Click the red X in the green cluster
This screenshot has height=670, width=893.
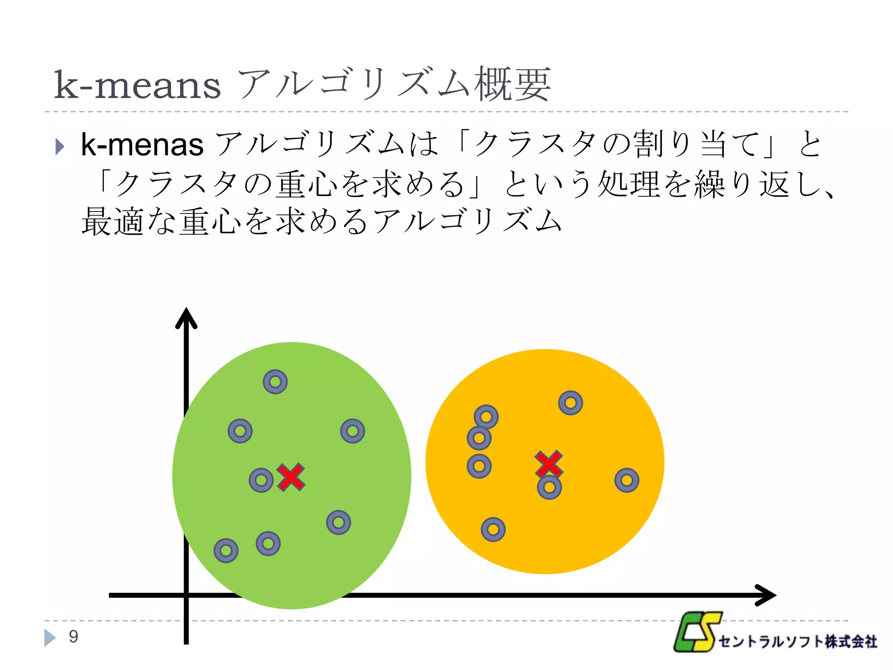pyautogui.click(x=291, y=477)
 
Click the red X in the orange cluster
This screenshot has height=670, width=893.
pyautogui.click(x=549, y=464)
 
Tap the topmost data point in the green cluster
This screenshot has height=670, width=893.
pyautogui.click(x=275, y=382)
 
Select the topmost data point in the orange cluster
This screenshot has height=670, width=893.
pyautogui.click(x=570, y=403)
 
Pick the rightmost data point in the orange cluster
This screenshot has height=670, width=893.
pyautogui.click(x=627, y=480)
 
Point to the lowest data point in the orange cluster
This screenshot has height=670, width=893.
pyautogui.click(x=493, y=530)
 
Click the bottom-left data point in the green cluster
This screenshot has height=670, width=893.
pyautogui.click(x=226, y=550)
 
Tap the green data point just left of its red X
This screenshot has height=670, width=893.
pyautogui.click(x=261, y=480)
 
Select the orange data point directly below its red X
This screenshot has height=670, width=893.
pyautogui.click(x=549, y=487)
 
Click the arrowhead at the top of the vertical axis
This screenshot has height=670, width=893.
pyautogui.click(x=186, y=318)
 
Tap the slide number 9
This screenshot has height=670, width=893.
pyautogui.click(x=73, y=636)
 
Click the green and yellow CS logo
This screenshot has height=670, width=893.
pyautogui.click(x=697, y=632)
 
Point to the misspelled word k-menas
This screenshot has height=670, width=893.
pyautogui.click(x=142, y=144)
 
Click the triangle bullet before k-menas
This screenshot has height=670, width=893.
pyautogui.click(x=60, y=147)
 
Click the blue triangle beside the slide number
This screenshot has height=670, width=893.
pyautogui.click(x=50, y=637)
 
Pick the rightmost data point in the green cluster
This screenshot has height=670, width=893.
pyautogui.click(x=352, y=431)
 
